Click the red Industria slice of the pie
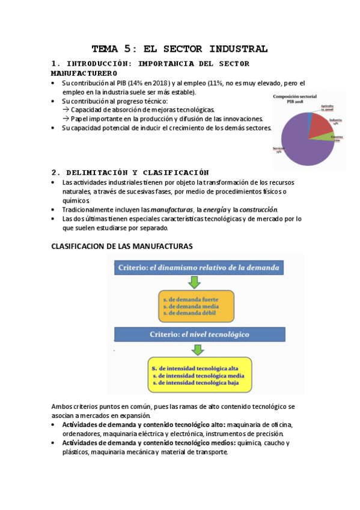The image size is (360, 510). [319, 123]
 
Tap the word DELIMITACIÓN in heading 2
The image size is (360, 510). [99, 171]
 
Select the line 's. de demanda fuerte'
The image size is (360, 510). [190, 298]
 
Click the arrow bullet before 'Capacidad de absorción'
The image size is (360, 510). [66, 110]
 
